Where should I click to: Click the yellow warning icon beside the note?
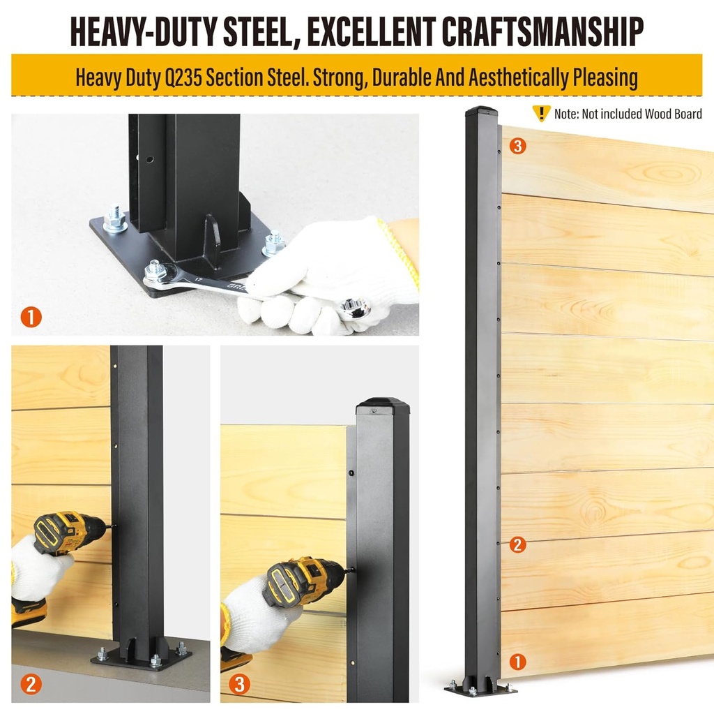pos(541,113)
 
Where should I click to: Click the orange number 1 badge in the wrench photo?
pos(31,318)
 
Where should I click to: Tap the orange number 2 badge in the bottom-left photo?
pos(31,684)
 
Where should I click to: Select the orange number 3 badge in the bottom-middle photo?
pos(238,684)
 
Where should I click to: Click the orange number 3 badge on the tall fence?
pos(517,146)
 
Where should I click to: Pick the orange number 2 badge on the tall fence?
pos(517,544)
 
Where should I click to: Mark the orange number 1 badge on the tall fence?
pos(517,660)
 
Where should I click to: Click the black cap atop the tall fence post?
pos(482,111)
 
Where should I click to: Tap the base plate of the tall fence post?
pos(480,689)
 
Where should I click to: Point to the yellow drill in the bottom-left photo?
pos(66,534)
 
